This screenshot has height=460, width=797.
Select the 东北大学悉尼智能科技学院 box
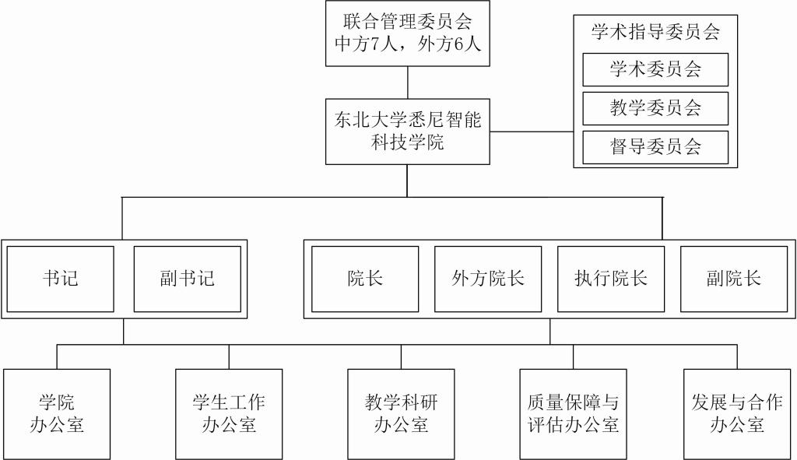(x=408, y=131)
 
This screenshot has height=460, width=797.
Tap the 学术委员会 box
(x=655, y=69)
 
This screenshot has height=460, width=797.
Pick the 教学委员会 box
(x=655, y=108)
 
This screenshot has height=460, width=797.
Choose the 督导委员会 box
(x=655, y=147)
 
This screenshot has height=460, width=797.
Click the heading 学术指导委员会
(x=655, y=32)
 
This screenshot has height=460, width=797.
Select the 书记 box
(x=61, y=279)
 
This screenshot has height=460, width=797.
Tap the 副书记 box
(x=187, y=279)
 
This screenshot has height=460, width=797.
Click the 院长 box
(x=365, y=279)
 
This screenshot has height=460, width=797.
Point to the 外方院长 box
(x=488, y=279)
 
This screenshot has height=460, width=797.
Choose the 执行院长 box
(x=611, y=279)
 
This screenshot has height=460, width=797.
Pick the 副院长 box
(x=734, y=279)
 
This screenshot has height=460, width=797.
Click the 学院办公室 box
(x=57, y=413)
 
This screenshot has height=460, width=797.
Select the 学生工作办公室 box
(x=229, y=413)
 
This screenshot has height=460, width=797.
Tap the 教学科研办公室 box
(x=401, y=413)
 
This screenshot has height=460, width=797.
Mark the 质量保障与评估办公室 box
(x=573, y=413)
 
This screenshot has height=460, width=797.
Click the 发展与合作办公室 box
(x=736, y=413)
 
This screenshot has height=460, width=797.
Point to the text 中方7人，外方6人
(x=408, y=44)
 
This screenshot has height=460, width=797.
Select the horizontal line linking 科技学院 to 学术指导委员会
(x=532, y=132)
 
